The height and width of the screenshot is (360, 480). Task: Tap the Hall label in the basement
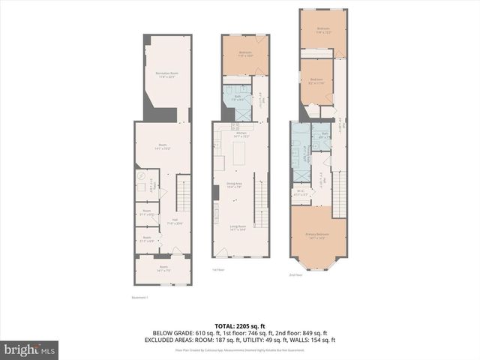pos(154,223)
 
